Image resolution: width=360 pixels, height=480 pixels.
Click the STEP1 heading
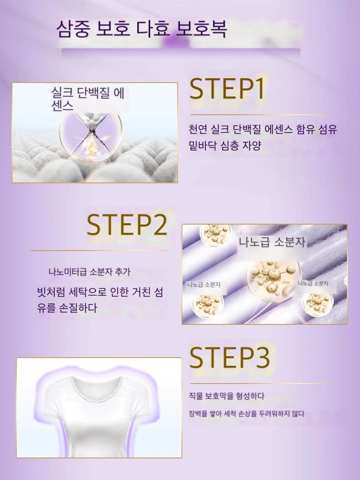[x=227, y=88]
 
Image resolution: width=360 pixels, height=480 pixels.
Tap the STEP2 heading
[x=127, y=225]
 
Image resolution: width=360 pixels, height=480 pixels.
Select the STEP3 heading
[x=229, y=357]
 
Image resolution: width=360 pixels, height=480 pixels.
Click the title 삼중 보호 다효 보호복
[x=142, y=29]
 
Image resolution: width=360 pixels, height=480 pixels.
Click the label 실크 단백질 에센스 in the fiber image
[x=87, y=99]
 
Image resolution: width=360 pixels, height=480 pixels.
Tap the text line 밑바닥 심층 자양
[x=225, y=145]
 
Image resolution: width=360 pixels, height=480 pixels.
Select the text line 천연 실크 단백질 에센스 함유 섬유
[x=263, y=129]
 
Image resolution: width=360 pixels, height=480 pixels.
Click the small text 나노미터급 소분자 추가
[x=89, y=272]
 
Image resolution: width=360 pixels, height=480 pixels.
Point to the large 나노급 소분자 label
[x=272, y=242]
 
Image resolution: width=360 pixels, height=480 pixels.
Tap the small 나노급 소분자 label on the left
[x=204, y=285]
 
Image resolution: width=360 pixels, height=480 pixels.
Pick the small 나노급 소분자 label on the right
[x=313, y=284]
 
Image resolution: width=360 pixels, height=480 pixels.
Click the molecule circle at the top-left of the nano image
[x=216, y=234]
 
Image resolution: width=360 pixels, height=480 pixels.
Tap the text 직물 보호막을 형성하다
[x=226, y=396]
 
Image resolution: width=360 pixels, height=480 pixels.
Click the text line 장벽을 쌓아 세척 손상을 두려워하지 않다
[x=247, y=414]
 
